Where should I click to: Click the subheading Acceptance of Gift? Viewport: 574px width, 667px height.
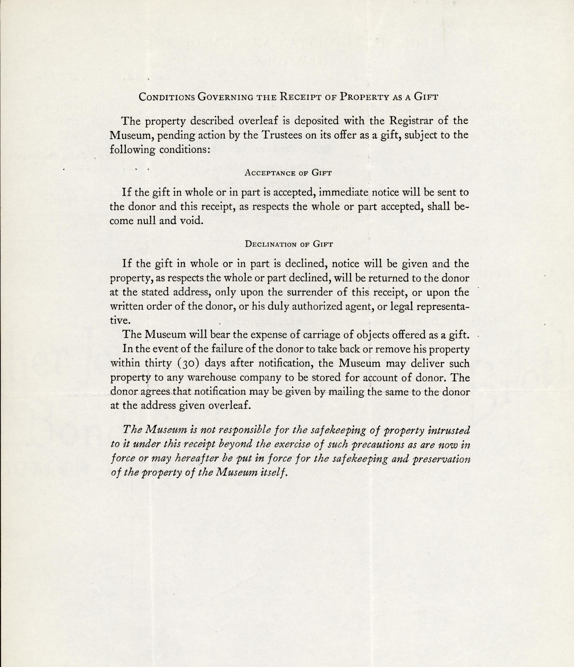click(288, 173)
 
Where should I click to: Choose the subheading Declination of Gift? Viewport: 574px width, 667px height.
click(289, 244)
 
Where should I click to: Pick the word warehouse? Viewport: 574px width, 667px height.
click(223, 377)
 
